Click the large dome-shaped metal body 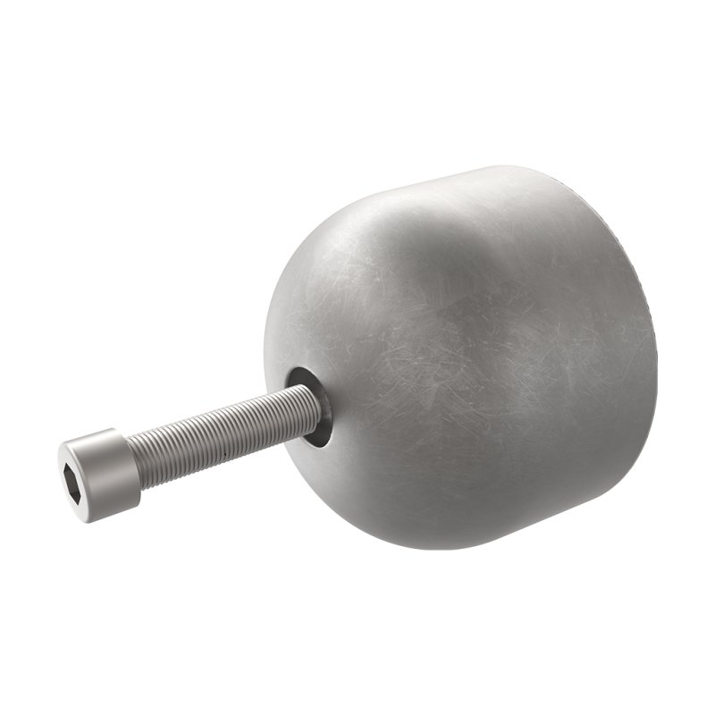point(483,357)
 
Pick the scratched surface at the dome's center point(474,366)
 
